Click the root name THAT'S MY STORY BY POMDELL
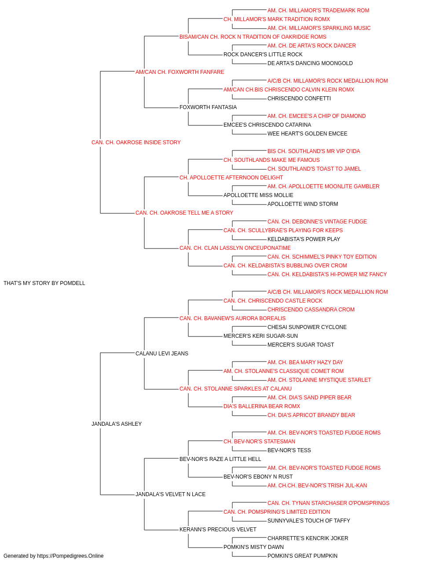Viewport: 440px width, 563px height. pos(44,283)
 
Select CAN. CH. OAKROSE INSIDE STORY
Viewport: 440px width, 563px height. pos(136,143)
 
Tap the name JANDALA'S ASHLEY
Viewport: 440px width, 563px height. pos(117,424)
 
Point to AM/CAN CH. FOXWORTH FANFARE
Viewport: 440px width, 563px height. pos(180,72)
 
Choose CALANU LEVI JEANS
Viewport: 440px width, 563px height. pos(162,353)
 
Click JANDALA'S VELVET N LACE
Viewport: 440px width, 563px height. pos(171,494)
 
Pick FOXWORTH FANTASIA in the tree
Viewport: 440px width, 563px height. pos(208,107)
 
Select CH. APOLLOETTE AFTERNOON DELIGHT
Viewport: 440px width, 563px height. pos(231,178)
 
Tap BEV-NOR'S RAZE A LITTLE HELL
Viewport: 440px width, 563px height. pos(220,459)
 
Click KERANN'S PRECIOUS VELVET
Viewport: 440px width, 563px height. pos(218,530)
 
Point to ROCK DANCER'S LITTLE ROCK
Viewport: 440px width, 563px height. pos(263,55)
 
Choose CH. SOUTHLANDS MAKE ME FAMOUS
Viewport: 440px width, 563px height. pos(271,160)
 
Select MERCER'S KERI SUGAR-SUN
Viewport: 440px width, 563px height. pos(260,336)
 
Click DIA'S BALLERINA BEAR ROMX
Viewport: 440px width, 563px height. pos(262,406)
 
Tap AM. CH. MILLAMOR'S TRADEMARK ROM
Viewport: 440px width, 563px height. pos(319,11)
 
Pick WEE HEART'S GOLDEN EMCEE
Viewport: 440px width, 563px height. pos(307,134)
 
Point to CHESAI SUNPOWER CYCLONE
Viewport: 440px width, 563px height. pos(307,327)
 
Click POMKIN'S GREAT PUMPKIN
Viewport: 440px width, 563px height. pos(302,556)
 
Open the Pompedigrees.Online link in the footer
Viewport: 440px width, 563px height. pos(70,556)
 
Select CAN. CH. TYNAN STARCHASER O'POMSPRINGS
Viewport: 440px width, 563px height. pos(328,503)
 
